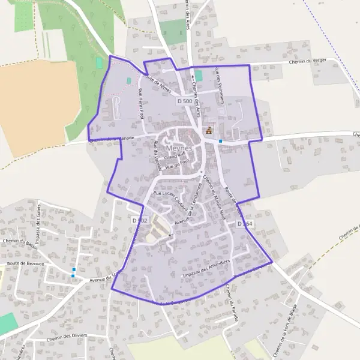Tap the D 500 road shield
(185, 102)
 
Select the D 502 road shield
(139, 221)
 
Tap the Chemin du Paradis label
(232, 302)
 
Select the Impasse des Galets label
(37, 221)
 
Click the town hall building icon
(209, 130)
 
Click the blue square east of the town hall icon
(221, 141)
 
